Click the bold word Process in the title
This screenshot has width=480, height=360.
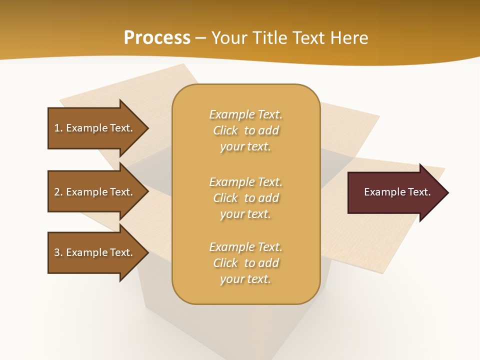pyautogui.click(x=157, y=38)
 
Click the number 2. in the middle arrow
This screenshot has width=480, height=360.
pyautogui.click(x=58, y=192)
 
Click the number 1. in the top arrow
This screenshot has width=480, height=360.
pyautogui.click(x=58, y=128)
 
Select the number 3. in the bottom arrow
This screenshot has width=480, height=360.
pyautogui.click(x=58, y=252)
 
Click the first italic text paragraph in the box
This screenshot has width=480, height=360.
pyautogui.click(x=245, y=130)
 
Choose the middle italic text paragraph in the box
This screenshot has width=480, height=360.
pyautogui.click(x=245, y=198)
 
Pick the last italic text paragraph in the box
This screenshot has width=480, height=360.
pyautogui.click(x=245, y=263)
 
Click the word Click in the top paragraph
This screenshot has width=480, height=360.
pyautogui.click(x=225, y=130)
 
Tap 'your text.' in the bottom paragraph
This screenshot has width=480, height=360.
pyautogui.click(x=245, y=279)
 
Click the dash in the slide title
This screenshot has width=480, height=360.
pyautogui.click(x=201, y=38)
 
